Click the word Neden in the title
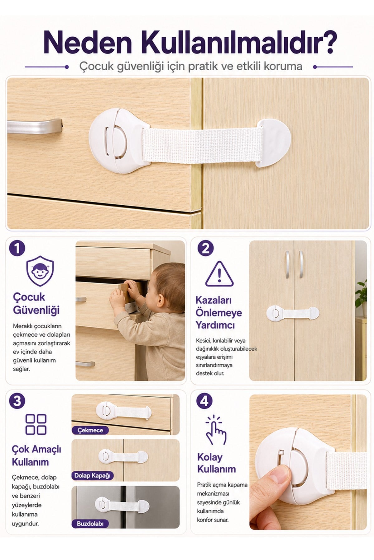tap(88, 42)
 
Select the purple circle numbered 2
tap(206, 248)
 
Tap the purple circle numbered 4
tap(204, 401)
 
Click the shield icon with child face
tap(40, 271)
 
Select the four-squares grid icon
tap(36, 424)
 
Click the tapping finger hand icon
tap(216, 430)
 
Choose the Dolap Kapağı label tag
tap(93, 475)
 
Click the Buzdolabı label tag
tap(90, 524)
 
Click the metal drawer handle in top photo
tap(34, 126)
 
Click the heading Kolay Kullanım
tap(216, 463)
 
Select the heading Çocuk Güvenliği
tap(36, 303)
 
